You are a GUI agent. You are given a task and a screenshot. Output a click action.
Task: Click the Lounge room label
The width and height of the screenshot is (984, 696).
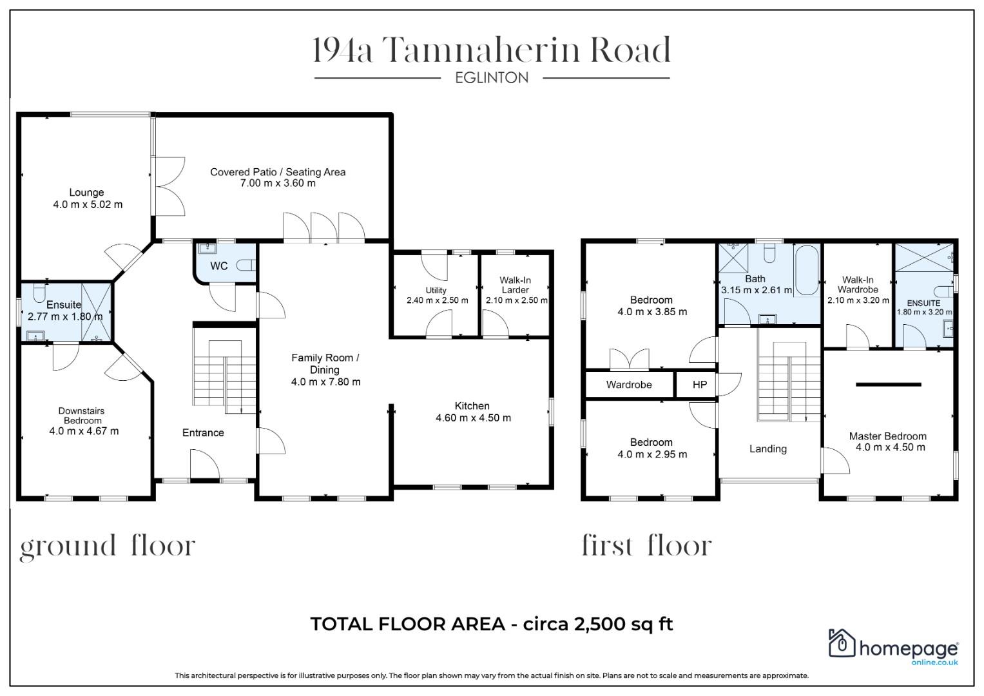pyautogui.click(x=86, y=192)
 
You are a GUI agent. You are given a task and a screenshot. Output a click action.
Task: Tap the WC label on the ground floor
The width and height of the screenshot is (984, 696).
pyautogui.click(x=218, y=266)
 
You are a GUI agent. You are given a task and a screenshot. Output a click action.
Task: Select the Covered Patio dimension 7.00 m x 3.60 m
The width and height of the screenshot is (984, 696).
pyautogui.click(x=278, y=183)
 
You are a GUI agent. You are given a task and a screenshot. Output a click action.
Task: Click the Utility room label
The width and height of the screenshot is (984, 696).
pyautogui.click(x=436, y=290)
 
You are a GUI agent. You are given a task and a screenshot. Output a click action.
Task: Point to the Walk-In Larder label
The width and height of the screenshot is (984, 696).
pyautogui.click(x=515, y=285)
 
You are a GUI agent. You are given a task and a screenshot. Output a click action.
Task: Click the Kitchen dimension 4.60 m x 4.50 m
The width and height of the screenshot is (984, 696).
pyautogui.click(x=473, y=418)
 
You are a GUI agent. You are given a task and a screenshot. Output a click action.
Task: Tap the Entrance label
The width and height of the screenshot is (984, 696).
pyautogui.click(x=203, y=432)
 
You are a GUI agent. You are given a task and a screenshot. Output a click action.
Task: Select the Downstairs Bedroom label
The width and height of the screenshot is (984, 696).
pyautogui.click(x=81, y=415)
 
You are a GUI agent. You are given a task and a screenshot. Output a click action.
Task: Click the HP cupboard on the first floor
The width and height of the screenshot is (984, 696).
pyautogui.click(x=699, y=385)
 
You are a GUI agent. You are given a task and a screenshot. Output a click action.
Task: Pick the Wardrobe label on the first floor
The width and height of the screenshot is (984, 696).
pyautogui.click(x=629, y=385)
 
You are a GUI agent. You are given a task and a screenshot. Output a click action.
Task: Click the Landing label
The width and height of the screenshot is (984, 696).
pyautogui.click(x=767, y=449)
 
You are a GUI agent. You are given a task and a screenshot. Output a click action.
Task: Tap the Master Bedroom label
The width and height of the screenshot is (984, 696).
pyautogui.click(x=887, y=436)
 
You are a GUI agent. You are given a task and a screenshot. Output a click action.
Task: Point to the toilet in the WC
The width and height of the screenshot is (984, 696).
pyautogui.click(x=246, y=265)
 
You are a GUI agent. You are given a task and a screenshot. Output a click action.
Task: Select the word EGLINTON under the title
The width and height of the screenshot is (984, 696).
pyautogui.click(x=492, y=78)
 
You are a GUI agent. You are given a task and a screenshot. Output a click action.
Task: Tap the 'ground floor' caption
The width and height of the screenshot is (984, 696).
pyautogui.click(x=107, y=546)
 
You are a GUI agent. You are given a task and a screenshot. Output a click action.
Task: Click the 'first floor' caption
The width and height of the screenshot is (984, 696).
pyautogui.click(x=646, y=546)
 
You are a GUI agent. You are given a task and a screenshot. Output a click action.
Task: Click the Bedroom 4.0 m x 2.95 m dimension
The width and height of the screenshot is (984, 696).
pyautogui.click(x=652, y=454)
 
